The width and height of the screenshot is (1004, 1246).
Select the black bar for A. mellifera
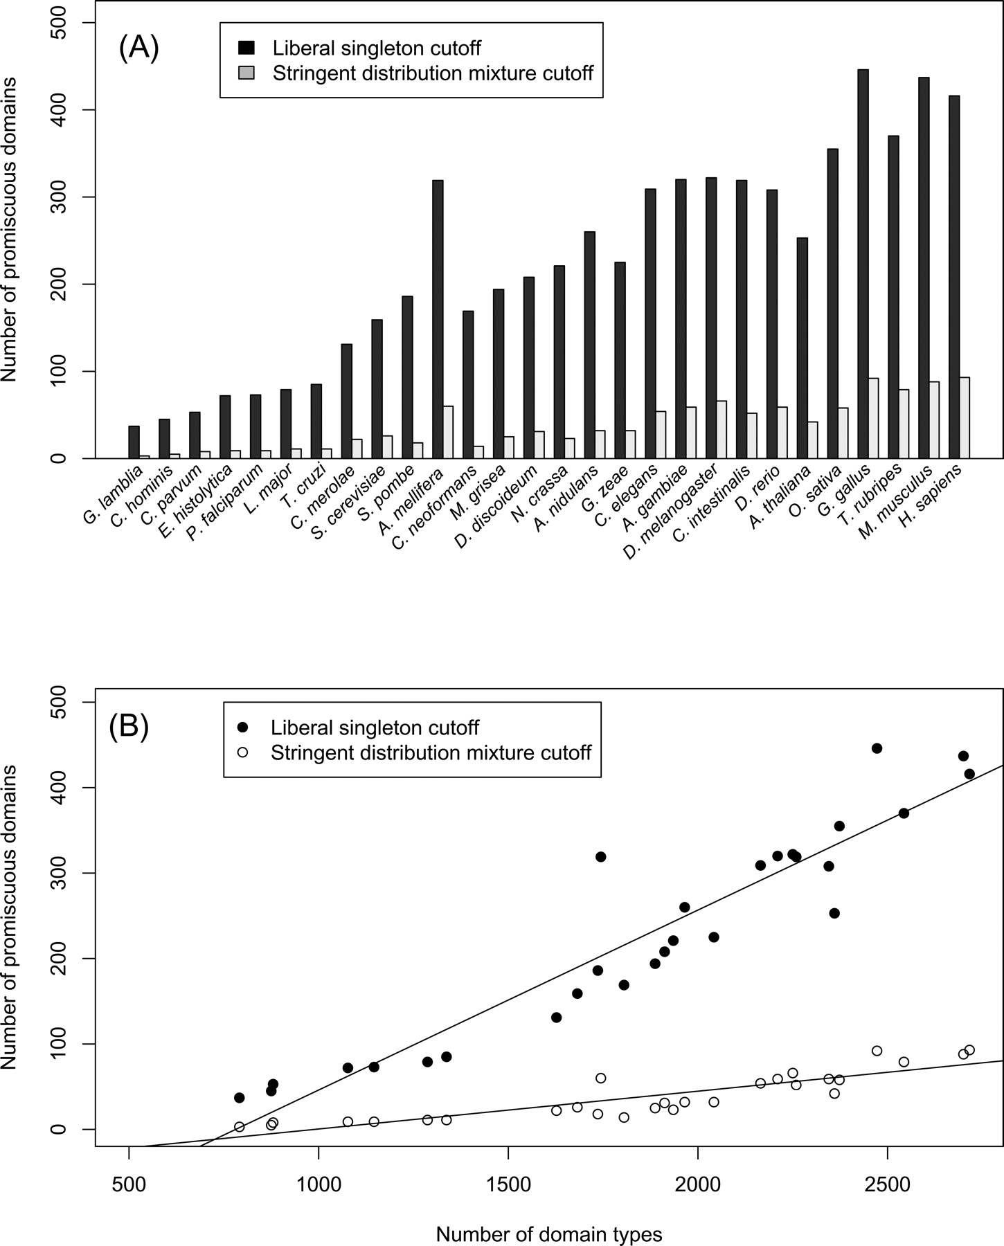[438, 319]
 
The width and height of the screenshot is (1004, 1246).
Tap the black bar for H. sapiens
[954, 277]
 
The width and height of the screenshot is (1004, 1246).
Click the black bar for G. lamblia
[134, 442]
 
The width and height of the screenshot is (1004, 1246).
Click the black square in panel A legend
[246, 48]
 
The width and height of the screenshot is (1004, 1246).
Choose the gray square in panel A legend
[246, 73]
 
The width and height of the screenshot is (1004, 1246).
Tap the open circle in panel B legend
[242, 752]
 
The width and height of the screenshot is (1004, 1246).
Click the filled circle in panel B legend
[242, 728]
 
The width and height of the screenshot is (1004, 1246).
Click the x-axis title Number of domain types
[549, 1234]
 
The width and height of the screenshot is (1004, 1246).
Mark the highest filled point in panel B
[877, 748]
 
